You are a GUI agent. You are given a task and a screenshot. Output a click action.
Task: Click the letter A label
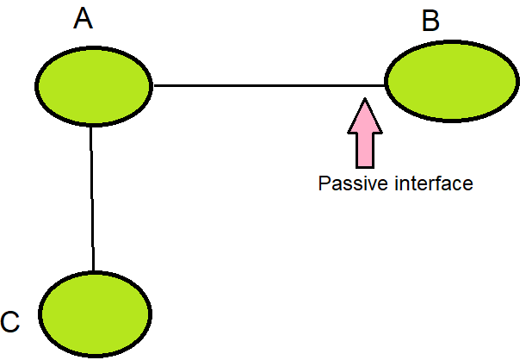pyautogui.click(x=83, y=18)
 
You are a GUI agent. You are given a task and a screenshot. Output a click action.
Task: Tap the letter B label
pyautogui.click(x=430, y=21)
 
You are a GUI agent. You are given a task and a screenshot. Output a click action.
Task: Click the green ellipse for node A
pyautogui.click(x=94, y=84)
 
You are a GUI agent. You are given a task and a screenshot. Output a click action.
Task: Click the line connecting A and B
pyautogui.click(x=267, y=85)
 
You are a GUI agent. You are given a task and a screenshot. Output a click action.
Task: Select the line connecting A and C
pyautogui.click(x=92, y=198)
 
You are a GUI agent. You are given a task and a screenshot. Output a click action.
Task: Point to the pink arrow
pyautogui.click(x=366, y=133)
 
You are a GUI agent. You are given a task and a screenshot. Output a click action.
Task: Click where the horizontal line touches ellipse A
pyautogui.click(x=152, y=85)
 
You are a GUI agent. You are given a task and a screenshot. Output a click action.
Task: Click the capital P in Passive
pyautogui.click(x=324, y=183)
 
